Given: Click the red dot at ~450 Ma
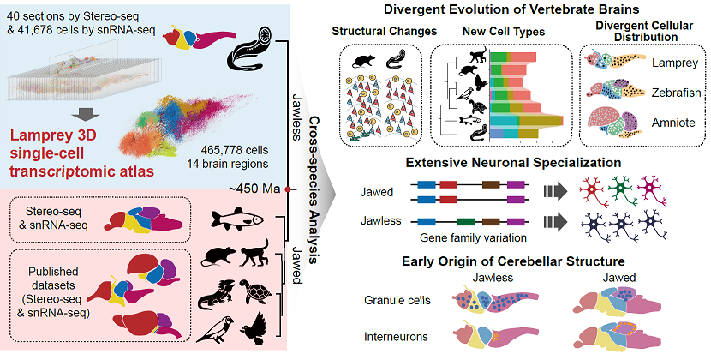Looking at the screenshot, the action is pyautogui.click(x=287, y=189).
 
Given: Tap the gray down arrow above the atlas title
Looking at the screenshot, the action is pyautogui.click(x=87, y=115).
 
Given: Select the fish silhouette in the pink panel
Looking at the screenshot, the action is pyautogui.click(x=237, y=218).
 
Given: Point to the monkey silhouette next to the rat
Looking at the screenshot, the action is pyautogui.click(x=254, y=253).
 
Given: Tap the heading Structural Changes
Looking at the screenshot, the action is pyautogui.click(x=384, y=32).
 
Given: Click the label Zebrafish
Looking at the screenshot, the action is pyautogui.click(x=676, y=93).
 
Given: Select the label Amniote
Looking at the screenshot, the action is pyautogui.click(x=673, y=123).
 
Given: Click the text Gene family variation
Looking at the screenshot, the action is pyautogui.click(x=473, y=238).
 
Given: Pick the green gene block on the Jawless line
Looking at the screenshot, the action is pyautogui.click(x=466, y=222).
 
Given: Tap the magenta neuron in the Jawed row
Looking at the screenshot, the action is pyautogui.click(x=652, y=189).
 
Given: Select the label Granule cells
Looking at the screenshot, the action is pyautogui.click(x=397, y=300).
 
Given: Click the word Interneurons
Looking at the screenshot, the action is pyautogui.click(x=396, y=337).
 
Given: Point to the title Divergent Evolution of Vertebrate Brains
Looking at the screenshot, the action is pyautogui.click(x=511, y=9).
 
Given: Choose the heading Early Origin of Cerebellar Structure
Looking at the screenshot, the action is pyautogui.click(x=513, y=261).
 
